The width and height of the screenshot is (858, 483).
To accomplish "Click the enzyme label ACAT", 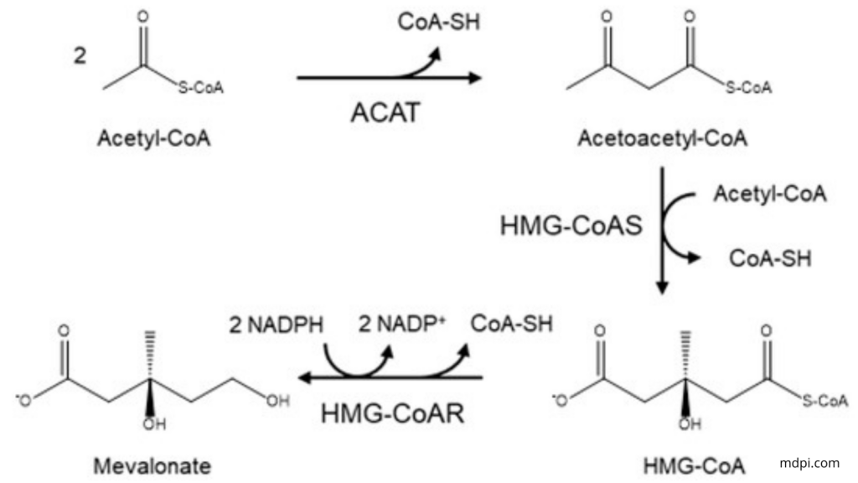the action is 385,113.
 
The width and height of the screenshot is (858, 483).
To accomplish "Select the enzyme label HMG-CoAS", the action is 571,226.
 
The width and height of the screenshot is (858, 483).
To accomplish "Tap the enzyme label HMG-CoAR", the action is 392,413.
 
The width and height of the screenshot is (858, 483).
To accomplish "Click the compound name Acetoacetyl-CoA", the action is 663,138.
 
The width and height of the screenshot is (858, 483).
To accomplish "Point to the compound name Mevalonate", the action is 152,466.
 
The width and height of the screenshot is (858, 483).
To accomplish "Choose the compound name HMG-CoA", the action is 694,466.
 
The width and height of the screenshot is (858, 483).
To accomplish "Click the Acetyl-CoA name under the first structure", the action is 154,138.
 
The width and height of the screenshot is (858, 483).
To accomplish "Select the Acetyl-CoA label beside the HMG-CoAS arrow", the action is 770,194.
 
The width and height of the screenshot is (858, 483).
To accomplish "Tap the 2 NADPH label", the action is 277,325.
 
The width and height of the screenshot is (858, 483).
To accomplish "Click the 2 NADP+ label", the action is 401,324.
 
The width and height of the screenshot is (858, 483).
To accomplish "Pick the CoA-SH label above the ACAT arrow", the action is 439,22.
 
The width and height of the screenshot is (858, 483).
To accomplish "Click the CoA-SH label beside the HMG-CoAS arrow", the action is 770,258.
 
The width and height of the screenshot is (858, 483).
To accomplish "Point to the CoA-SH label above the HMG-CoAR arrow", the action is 512,324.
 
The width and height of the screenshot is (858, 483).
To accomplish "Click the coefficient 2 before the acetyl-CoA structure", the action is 80,56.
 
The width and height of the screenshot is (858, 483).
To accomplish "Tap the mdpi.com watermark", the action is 809,463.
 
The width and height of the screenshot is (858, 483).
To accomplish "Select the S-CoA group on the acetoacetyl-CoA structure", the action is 748,87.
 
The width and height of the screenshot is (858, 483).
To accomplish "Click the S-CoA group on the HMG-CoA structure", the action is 825,401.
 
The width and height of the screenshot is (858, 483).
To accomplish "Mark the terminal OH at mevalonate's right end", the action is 277,401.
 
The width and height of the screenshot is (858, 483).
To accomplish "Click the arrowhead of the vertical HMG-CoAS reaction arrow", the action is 662,288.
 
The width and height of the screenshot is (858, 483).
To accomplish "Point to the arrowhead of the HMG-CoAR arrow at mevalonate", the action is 305,377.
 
